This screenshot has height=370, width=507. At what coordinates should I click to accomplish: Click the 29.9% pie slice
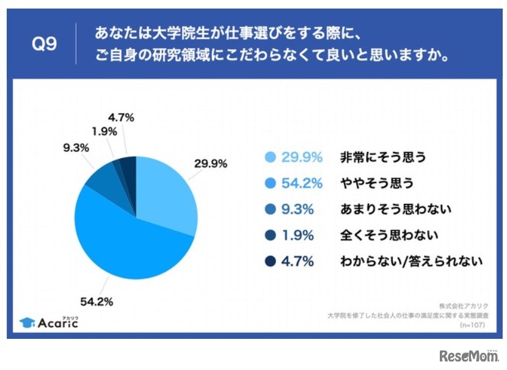pos(165,192)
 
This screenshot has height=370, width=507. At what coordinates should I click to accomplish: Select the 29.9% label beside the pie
pos(211,163)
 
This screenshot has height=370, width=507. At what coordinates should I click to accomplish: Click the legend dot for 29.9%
pos(269,157)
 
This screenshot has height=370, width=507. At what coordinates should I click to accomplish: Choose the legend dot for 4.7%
pos(269,261)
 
